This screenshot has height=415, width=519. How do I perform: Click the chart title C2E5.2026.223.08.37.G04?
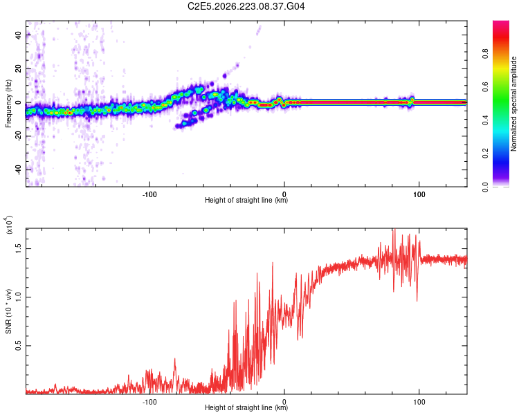pos(246,6)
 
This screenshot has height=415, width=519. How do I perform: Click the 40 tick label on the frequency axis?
pos(19,35)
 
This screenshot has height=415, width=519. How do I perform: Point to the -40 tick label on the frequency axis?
pos(19,169)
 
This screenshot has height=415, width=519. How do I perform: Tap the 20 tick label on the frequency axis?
pos(19,68)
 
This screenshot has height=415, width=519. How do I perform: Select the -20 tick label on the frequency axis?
pos(19,136)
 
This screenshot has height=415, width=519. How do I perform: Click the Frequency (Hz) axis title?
pos(8,104)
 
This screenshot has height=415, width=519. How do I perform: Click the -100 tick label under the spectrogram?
pos(149,194)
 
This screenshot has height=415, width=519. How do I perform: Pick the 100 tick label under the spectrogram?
pos(419,194)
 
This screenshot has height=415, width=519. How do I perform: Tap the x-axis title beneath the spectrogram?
pos(246,200)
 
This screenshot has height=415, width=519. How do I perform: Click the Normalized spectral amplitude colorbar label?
pos(513,104)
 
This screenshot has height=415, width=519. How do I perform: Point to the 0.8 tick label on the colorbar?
pos(485,54)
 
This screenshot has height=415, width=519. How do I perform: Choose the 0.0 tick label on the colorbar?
pos(485,187)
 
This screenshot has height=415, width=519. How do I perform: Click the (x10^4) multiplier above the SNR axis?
pos(9,225)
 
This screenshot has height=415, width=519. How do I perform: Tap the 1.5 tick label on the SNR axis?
pos(19,248)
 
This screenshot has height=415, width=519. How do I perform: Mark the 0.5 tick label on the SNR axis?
pos(19,346)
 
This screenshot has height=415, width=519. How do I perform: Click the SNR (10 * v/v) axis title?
pos(8,311)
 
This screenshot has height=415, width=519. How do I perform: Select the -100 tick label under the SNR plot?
pos(149,402)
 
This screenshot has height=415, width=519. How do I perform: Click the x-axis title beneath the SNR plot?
pos(246,407)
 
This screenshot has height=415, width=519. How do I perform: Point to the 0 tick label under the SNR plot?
pos(284,402)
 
